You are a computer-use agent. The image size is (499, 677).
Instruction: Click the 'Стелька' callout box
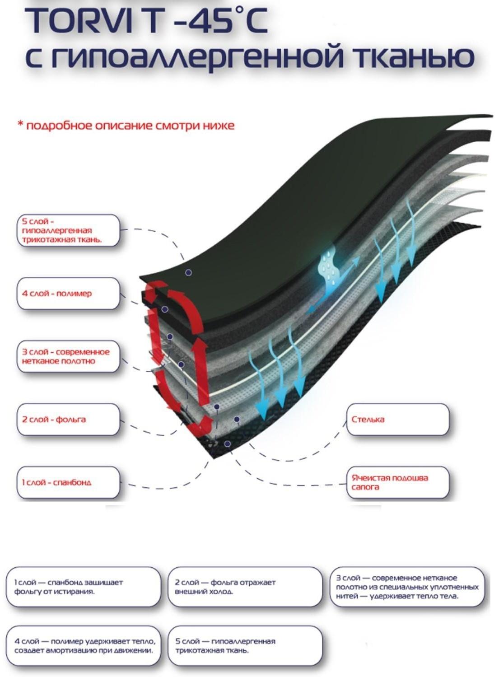click(397, 420)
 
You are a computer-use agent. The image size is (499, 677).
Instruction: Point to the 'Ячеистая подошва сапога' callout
click(397, 482)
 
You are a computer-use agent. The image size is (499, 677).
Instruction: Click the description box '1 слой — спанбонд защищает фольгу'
click(84, 587)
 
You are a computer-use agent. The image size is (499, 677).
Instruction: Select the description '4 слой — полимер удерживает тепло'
click(84, 646)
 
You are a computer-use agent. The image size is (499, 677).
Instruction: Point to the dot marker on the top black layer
click(189, 272)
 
